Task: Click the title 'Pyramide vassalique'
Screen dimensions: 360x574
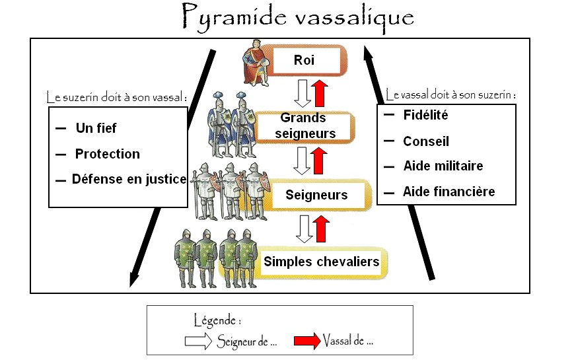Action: click(297, 16)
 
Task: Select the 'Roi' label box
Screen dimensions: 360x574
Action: click(305, 61)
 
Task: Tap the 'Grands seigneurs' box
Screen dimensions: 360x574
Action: click(304, 126)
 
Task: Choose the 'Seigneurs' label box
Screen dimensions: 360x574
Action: click(316, 196)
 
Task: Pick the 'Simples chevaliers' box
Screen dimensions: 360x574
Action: click(321, 262)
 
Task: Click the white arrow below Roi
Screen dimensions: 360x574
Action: click(303, 93)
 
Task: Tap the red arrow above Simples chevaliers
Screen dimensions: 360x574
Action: click(321, 228)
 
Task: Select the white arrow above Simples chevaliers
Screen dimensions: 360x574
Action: click(304, 228)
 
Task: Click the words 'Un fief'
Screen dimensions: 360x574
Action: click(96, 128)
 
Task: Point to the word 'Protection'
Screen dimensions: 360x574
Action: click(107, 154)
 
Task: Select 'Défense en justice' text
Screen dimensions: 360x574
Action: click(129, 179)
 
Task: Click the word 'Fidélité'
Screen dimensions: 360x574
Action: click(425, 115)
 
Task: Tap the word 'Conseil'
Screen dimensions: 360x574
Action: click(425, 141)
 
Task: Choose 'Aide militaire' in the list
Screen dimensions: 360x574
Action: click(443, 166)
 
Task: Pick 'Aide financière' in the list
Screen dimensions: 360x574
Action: click(448, 192)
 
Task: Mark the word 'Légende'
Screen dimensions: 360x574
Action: click(217, 321)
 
